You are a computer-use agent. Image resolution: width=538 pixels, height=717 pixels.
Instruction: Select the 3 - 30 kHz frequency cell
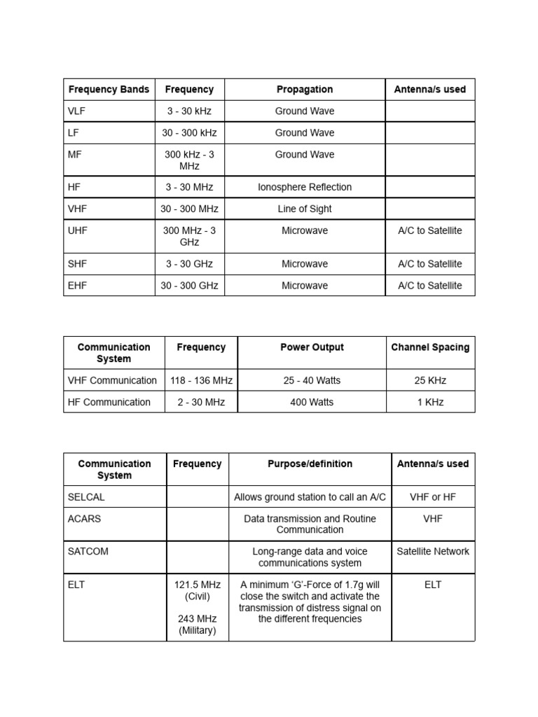click(189, 111)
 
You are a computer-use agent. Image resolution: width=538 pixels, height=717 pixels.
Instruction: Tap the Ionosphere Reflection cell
click(304, 187)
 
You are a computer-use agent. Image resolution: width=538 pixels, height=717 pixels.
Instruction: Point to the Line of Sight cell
click(304, 209)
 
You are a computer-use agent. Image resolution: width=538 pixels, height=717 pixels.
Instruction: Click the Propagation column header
click(304, 89)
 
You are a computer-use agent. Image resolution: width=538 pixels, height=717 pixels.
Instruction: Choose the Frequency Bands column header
click(109, 89)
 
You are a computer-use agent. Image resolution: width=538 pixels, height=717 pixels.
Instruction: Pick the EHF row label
click(78, 286)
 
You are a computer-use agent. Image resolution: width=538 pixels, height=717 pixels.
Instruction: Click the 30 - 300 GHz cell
click(189, 286)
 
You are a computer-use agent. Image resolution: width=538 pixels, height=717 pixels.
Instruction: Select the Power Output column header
click(312, 347)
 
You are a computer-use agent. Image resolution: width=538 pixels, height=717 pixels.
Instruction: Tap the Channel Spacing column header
click(430, 347)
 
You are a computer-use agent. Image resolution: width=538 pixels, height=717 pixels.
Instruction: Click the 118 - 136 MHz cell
click(201, 380)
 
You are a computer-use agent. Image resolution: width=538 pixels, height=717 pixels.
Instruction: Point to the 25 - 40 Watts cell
click(312, 380)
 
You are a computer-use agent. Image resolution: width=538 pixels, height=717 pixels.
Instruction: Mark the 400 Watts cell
click(312, 402)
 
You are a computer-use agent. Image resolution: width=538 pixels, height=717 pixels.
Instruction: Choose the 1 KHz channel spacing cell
click(430, 402)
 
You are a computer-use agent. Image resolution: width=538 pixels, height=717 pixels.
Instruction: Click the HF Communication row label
click(109, 402)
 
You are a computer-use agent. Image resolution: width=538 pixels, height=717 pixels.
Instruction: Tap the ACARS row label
click(84, 519)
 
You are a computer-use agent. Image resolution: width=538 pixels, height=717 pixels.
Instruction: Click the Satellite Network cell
click(433, 551)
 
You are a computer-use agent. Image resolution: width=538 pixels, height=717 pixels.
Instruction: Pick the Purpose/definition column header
click(310, 464)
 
